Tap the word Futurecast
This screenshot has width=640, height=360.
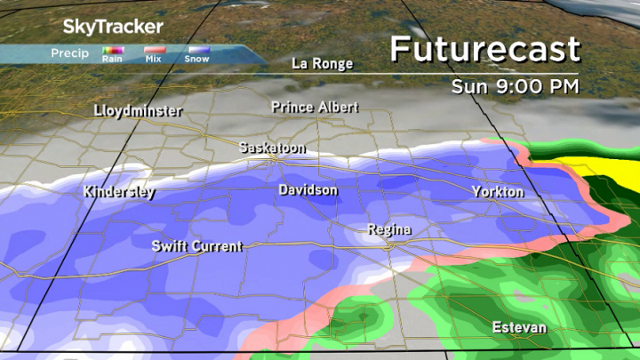click(x=484, y=49)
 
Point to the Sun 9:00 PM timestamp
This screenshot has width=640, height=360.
click(x=515, y=86)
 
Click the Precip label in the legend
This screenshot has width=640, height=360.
click(x=69, y=53)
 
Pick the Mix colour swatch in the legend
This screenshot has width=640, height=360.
click(x=154, y=51)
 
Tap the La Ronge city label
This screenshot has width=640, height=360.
click(x=323, y=63)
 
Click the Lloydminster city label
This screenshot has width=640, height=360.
click(x=138, y=111)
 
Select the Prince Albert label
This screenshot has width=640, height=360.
click(x=315, y=107)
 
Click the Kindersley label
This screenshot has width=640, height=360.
click(x=119, y=191)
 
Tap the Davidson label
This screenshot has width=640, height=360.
click(x=308, y=190)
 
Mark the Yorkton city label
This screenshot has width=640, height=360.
click(x=498, y=192)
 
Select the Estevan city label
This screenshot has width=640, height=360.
click(x=520, y=328)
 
